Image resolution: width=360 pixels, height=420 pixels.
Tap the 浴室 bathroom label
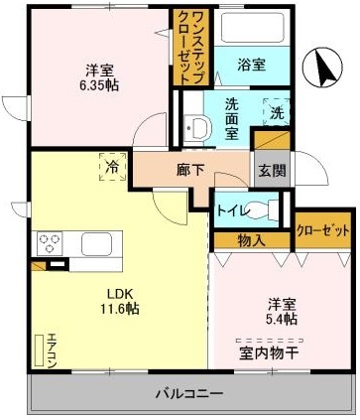pyautogui.click(x=251, y=66)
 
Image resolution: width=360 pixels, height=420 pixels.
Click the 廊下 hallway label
pyautogui.click(x=190, y=169)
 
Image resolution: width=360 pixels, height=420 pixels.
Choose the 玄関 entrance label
pyautogui.click(x=273, y=170)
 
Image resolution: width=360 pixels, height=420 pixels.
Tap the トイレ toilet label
pyautogui.click(x=232, y=210)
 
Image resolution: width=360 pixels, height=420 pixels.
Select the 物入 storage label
pyautogui.click(x=251, y=239)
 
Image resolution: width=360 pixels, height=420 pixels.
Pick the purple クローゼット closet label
pyautogui.click(x=323, y=230)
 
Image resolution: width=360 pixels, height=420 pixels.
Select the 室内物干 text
pyautogui.click(x=268, y=351)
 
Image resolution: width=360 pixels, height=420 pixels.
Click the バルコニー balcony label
pyautogui.click(x=187, y=394)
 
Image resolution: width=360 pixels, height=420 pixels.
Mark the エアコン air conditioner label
pyautogui.click(x=51, y=349)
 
